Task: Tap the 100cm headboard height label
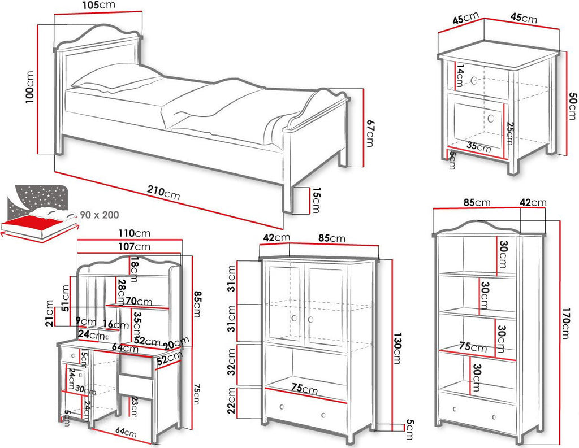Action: pos(29,88)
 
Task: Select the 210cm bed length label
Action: pos(163,192)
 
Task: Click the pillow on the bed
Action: pos(116,78)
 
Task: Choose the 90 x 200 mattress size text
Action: pos(100,215)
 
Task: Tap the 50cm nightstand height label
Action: pos(572,106)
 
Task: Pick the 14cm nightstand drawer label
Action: pos(460,76)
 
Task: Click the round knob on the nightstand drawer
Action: pos(474,80)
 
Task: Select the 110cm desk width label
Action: pos(134,233)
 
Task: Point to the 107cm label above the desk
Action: pos(134,246)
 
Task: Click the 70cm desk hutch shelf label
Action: pos(139,302)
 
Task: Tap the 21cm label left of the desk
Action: pos(50,314)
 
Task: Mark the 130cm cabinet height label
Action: pos(397,349)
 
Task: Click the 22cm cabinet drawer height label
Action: pos(231,401)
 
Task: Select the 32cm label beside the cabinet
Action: pos(231,362)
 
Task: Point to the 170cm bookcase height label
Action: pos(565,323)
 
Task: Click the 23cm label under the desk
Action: pos(133,407)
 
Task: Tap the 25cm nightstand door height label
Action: pos(509,133)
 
